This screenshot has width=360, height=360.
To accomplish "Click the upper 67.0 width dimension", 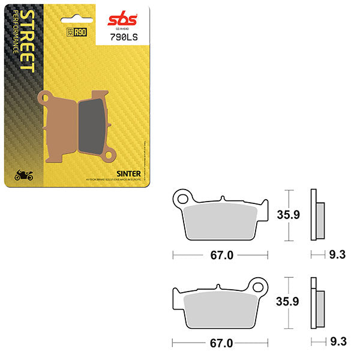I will pyautogui.click(x=221, y=255).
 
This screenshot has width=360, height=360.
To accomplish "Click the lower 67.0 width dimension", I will pyautogui.click(x=221, y=344).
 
